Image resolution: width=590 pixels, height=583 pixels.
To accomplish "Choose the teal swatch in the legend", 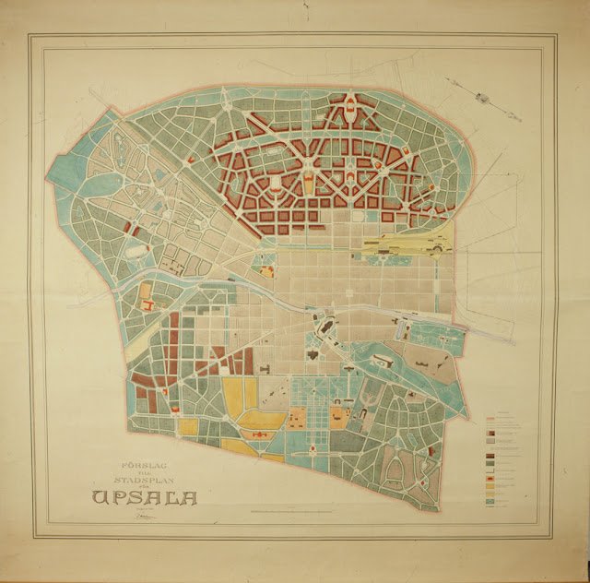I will coord(490,501).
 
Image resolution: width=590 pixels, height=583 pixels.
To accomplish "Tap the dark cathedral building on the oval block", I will coord(324,327).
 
